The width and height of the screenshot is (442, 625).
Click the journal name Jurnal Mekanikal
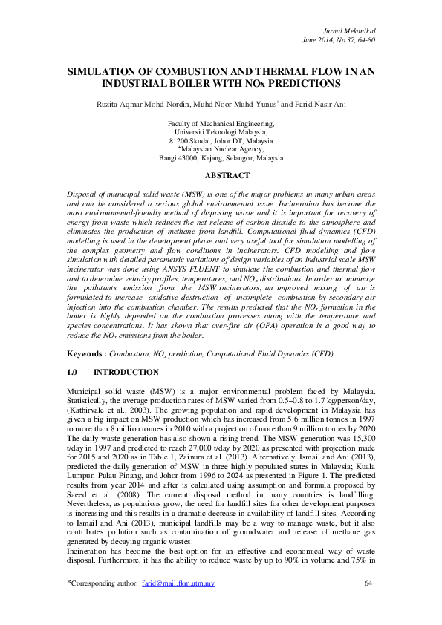tap(351, 30)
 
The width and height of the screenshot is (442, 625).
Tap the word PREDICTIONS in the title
tap(300, 84)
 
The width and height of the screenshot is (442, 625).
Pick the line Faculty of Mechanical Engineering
tap(221, 123)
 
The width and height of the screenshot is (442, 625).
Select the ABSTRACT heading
tap(221, 176)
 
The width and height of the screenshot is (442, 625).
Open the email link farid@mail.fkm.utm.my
tap(178, 604)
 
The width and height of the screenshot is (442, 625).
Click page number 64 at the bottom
tap(369, 604)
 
